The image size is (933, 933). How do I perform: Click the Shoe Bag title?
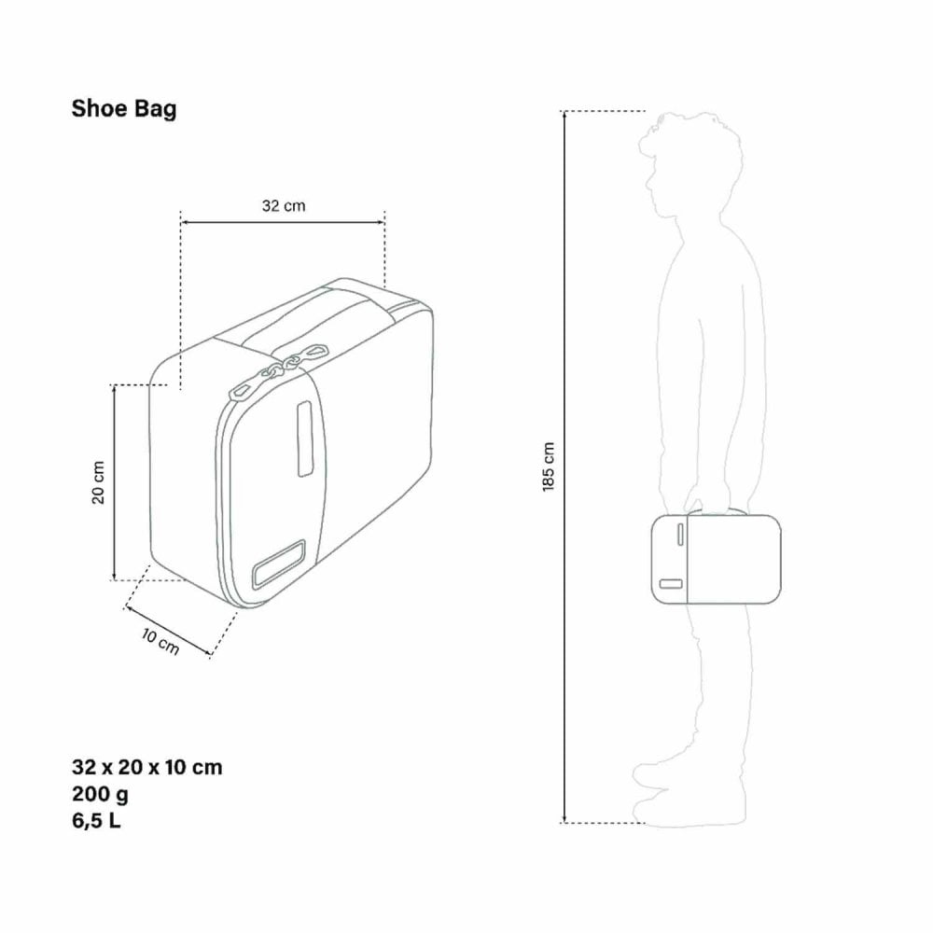pyautogui.click(x=124, y=109)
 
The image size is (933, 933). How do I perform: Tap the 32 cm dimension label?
pyautogui.click(x=284, y=206)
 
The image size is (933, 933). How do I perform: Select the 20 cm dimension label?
pyautogui.click(x=99, y=481)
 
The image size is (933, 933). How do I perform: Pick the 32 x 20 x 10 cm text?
pyautogui.click(x=146, y=768)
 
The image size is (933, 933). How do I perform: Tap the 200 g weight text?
pyautogui.click(x=100, y=795)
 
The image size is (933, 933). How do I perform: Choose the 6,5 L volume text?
pyautogui.click(x=96, y=822)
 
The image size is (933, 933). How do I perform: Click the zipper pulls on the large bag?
pyautogui.click(x=280, y=368)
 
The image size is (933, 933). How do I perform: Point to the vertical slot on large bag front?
pyautogui.click(x=304, y=438)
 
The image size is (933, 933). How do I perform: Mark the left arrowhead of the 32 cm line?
pyautogui.click(x=184, y=222)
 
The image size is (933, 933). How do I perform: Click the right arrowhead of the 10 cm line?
pyautogui.click(x=206, y=652)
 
